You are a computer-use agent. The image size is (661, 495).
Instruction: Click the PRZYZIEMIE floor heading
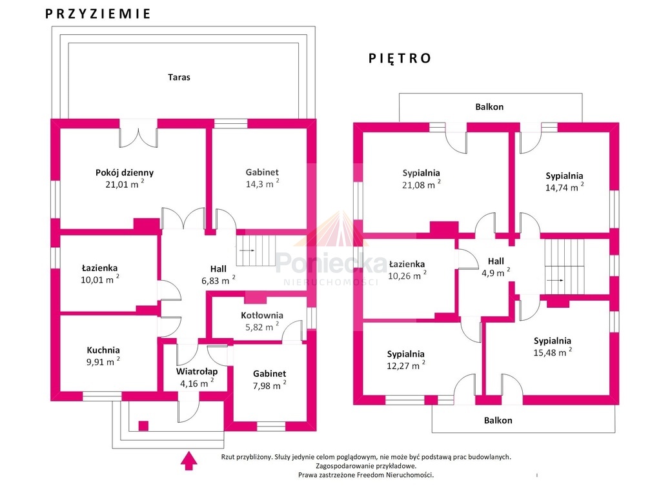97,14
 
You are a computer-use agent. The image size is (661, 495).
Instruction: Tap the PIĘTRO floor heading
400,58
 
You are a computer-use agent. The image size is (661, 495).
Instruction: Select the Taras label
179,77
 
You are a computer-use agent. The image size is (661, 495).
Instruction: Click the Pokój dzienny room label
125,172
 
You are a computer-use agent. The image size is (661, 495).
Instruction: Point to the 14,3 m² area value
262,184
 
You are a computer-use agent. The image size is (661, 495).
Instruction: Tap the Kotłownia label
262,316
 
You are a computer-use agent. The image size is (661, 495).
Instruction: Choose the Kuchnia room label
103,350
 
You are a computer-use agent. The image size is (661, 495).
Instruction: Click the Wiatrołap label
197,372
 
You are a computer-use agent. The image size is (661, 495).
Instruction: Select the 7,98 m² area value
269,385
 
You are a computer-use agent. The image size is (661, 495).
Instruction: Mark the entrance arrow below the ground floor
189,460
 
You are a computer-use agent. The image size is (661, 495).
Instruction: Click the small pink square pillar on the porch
143,426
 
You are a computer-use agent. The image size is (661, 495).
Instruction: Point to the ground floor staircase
256,250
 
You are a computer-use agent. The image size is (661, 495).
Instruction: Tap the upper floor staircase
564,267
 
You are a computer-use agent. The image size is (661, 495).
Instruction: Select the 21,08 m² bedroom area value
421,185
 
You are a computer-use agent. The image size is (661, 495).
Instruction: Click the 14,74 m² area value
564,188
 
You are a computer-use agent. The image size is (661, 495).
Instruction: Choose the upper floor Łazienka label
407,265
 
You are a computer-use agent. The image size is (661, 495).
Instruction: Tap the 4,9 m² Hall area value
496,273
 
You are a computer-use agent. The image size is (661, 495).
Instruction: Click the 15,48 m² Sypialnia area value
553,352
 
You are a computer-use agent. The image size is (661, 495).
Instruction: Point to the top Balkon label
489,106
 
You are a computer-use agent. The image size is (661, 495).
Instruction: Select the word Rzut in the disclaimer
228,457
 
